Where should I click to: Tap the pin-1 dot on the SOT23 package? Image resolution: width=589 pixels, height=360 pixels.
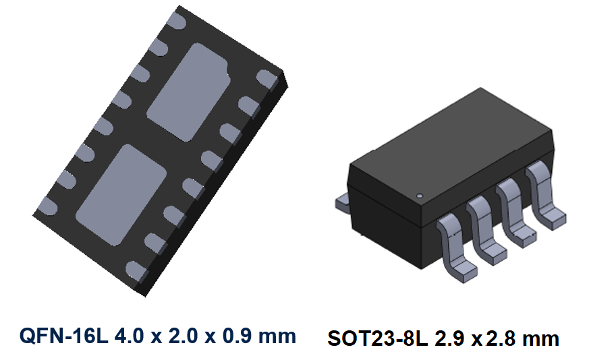pyautogui.click(x=420, y=196)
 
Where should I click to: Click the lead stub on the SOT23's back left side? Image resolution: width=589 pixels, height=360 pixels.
pyautogui.click(x=342, y=202)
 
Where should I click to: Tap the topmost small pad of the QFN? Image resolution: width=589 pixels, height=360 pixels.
pyautogui.click(x=178, y=21)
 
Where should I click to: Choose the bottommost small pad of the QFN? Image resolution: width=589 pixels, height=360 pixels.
pyautogui.click(x=137, y=271)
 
